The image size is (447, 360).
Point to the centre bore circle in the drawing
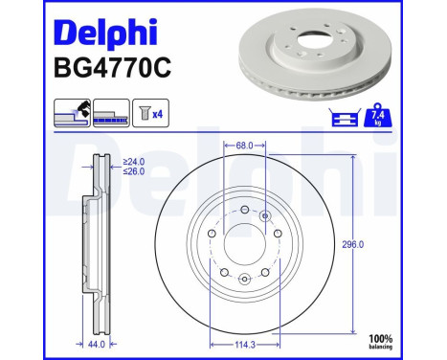(x=243, y=245)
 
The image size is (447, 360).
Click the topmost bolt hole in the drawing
(x=244, y=211)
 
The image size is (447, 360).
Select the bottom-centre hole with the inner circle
(x=244, y=279)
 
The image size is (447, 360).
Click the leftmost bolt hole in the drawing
(x=212, y=234)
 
